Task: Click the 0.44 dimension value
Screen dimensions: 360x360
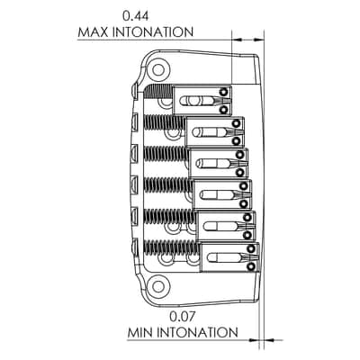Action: [135, 16]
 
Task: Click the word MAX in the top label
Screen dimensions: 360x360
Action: [93, 32]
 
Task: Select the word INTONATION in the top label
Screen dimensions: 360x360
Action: [153, 32]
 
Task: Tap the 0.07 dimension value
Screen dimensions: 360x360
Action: [182, 317]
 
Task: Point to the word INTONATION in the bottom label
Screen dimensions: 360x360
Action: [197, 333]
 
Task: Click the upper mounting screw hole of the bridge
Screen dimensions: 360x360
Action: [158, 70]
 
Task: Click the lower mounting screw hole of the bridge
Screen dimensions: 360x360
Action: [157, 286]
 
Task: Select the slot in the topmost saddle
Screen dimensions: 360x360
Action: [198, 101]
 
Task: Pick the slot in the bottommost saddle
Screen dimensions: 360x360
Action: [226, 257]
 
